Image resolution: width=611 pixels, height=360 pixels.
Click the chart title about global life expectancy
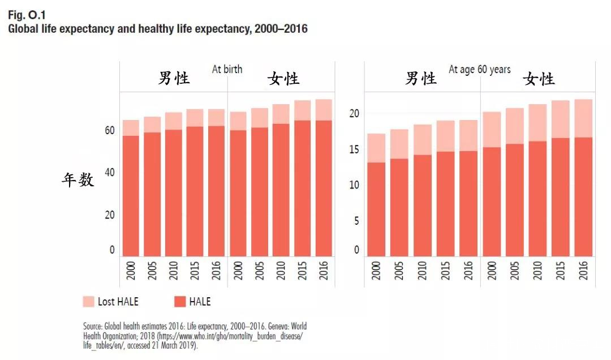coord(157,28)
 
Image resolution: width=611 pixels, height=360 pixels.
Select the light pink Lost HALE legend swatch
coord(89,301)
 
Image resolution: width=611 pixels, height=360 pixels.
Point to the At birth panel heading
coord(227,69)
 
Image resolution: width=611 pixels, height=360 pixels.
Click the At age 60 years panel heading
coord(479,70)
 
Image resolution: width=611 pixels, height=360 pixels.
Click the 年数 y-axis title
coord(78,181)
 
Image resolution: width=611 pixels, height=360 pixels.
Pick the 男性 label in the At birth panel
coord(174,79)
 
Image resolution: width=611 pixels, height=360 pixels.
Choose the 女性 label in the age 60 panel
coord(539,79)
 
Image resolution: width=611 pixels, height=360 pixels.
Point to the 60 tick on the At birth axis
coord(109,131)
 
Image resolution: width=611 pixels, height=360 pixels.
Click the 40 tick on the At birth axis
coord(109,173)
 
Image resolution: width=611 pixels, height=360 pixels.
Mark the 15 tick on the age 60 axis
coord(355,149)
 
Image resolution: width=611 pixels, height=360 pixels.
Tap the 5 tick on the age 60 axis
coord(356,221)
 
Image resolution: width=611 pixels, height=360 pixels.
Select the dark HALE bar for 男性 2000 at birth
coord(131,195)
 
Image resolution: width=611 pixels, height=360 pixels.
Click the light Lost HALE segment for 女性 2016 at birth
coord(324,110)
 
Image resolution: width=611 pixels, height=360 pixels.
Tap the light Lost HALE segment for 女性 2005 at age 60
coord(515,126)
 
